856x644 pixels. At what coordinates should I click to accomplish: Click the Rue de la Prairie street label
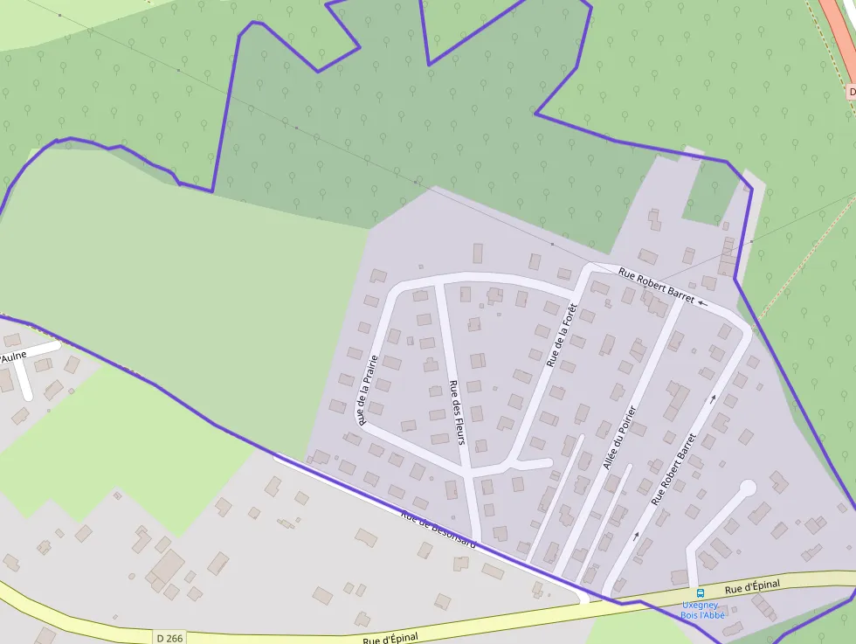pyautogui.click(x=367, y=390)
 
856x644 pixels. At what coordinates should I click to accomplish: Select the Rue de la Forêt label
pyautogui.click(x=563, y=335)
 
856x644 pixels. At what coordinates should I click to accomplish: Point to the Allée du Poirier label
pyautogui.click(x=619, y=438)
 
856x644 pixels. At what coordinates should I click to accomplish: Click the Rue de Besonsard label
pyautogui.click(x=438, y=530)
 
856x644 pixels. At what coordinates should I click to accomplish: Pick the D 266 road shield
pyautogui.click(x=171, y=638)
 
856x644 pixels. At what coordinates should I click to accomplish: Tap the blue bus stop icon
pyautogui.click(x=700, y=593)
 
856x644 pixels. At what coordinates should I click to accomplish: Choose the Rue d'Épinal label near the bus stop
pyautogui.click(x=751, y=585)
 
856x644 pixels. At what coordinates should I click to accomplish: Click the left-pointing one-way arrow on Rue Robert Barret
pyautogui.click(x=703, y=303)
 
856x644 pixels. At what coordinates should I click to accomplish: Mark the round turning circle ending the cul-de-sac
pyautogui.click(x=748, y=488)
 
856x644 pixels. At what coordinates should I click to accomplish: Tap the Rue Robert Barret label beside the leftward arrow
pyautogui.click(x=656, y=285)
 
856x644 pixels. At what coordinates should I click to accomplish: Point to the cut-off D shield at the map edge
pyautogui.click(x=851, y=91)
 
